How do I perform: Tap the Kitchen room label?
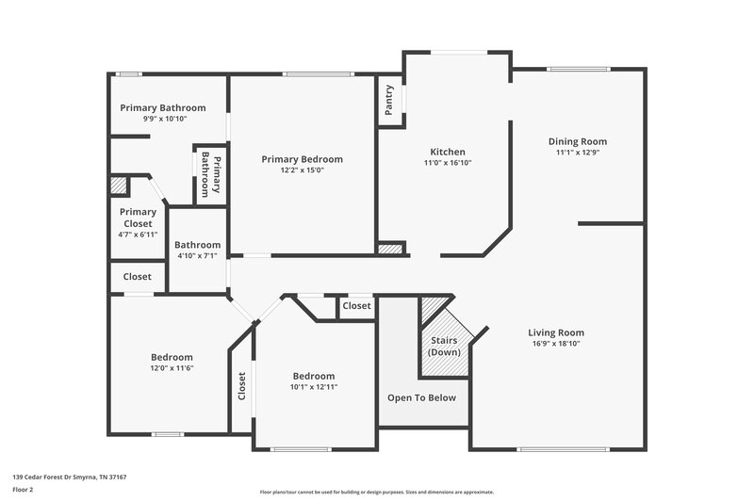click(448, 152)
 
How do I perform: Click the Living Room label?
click(556, 332)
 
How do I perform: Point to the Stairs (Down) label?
click(444, 345)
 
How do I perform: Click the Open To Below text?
click(422, 397)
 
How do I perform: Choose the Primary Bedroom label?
click(302, 159)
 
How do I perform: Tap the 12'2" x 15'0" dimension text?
click(302, 170)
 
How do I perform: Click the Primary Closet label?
click(138, 218)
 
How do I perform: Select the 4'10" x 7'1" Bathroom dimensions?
click(198, 255)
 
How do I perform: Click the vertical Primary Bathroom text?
click(212, 174)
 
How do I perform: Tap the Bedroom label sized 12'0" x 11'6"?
click(172, 357)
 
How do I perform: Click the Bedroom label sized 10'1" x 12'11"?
click(313, 375)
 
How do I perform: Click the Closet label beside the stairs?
click(356, 306)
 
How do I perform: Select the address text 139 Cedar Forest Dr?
click(69, 478)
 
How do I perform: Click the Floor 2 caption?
click(23, 490)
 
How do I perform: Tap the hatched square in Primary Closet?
click(119, 186)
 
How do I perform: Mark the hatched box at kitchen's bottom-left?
click(389, 249)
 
